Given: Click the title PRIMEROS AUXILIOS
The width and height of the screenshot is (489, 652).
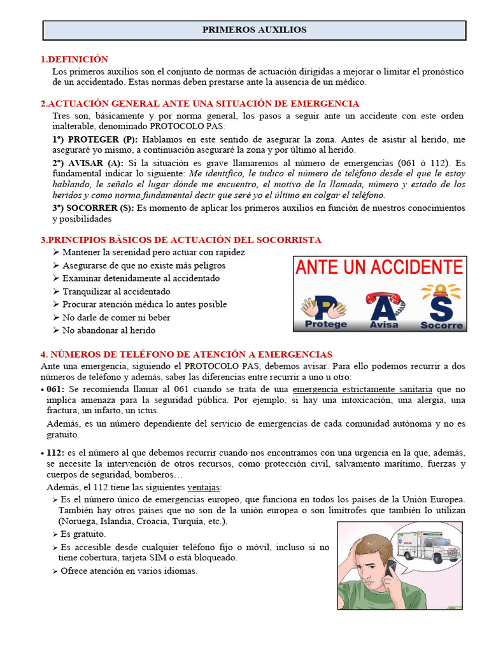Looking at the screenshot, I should point(254,30).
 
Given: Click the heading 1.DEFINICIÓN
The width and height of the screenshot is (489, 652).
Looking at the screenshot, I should point(74,59).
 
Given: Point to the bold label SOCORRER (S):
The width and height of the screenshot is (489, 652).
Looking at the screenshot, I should point(93,208).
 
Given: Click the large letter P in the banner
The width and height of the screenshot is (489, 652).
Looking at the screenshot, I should point(324,308).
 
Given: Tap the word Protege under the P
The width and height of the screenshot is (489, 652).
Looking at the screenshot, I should point(326,324).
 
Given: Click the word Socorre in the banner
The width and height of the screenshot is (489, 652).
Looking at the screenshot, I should point(442,325).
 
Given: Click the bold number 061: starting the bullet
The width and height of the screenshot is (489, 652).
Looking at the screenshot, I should point(54,389).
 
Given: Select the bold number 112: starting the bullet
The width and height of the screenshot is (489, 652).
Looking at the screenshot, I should point(55,452).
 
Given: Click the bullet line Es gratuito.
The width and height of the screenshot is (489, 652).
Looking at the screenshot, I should point(83,534).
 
